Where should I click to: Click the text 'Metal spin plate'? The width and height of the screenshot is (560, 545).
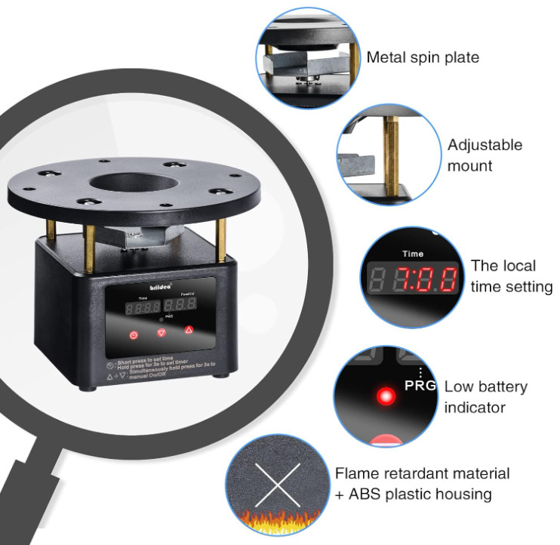(x=423, y=57)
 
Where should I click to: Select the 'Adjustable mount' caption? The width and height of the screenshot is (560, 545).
(x=485, y=155)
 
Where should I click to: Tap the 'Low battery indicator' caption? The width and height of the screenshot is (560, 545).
(x=486, y=397)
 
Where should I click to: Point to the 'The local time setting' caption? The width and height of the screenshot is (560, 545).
(x=512, y=276)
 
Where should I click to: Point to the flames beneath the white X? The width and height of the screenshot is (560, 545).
(x=276, y=520)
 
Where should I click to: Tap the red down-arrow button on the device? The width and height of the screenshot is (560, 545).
(x=161, y=332)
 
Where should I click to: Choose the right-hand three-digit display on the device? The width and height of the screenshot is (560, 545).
(x=186, y=305)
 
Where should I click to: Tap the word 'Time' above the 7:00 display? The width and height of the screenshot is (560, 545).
(x=413, y=254)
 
